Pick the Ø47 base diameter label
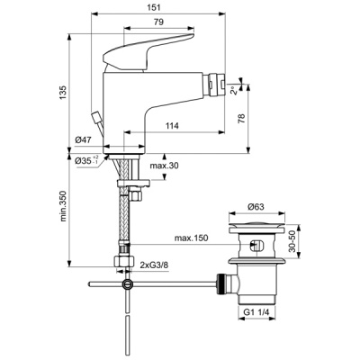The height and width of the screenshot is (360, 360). (x=84, y=140)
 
